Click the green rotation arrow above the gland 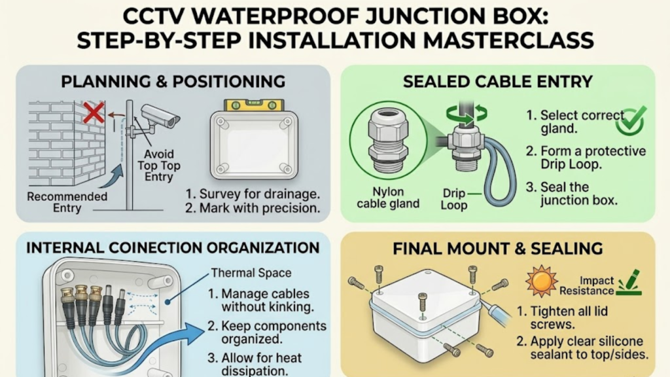pyautogui.click(x=465, y=115)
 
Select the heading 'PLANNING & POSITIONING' pyautogui.click(x=173, y=82)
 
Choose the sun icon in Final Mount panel pyautogui.click(x=540, y=282)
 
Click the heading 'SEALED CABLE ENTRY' pyautogui.click(x=498, y=82)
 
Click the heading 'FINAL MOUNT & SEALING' pyautogui.click(x=498, y=248)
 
